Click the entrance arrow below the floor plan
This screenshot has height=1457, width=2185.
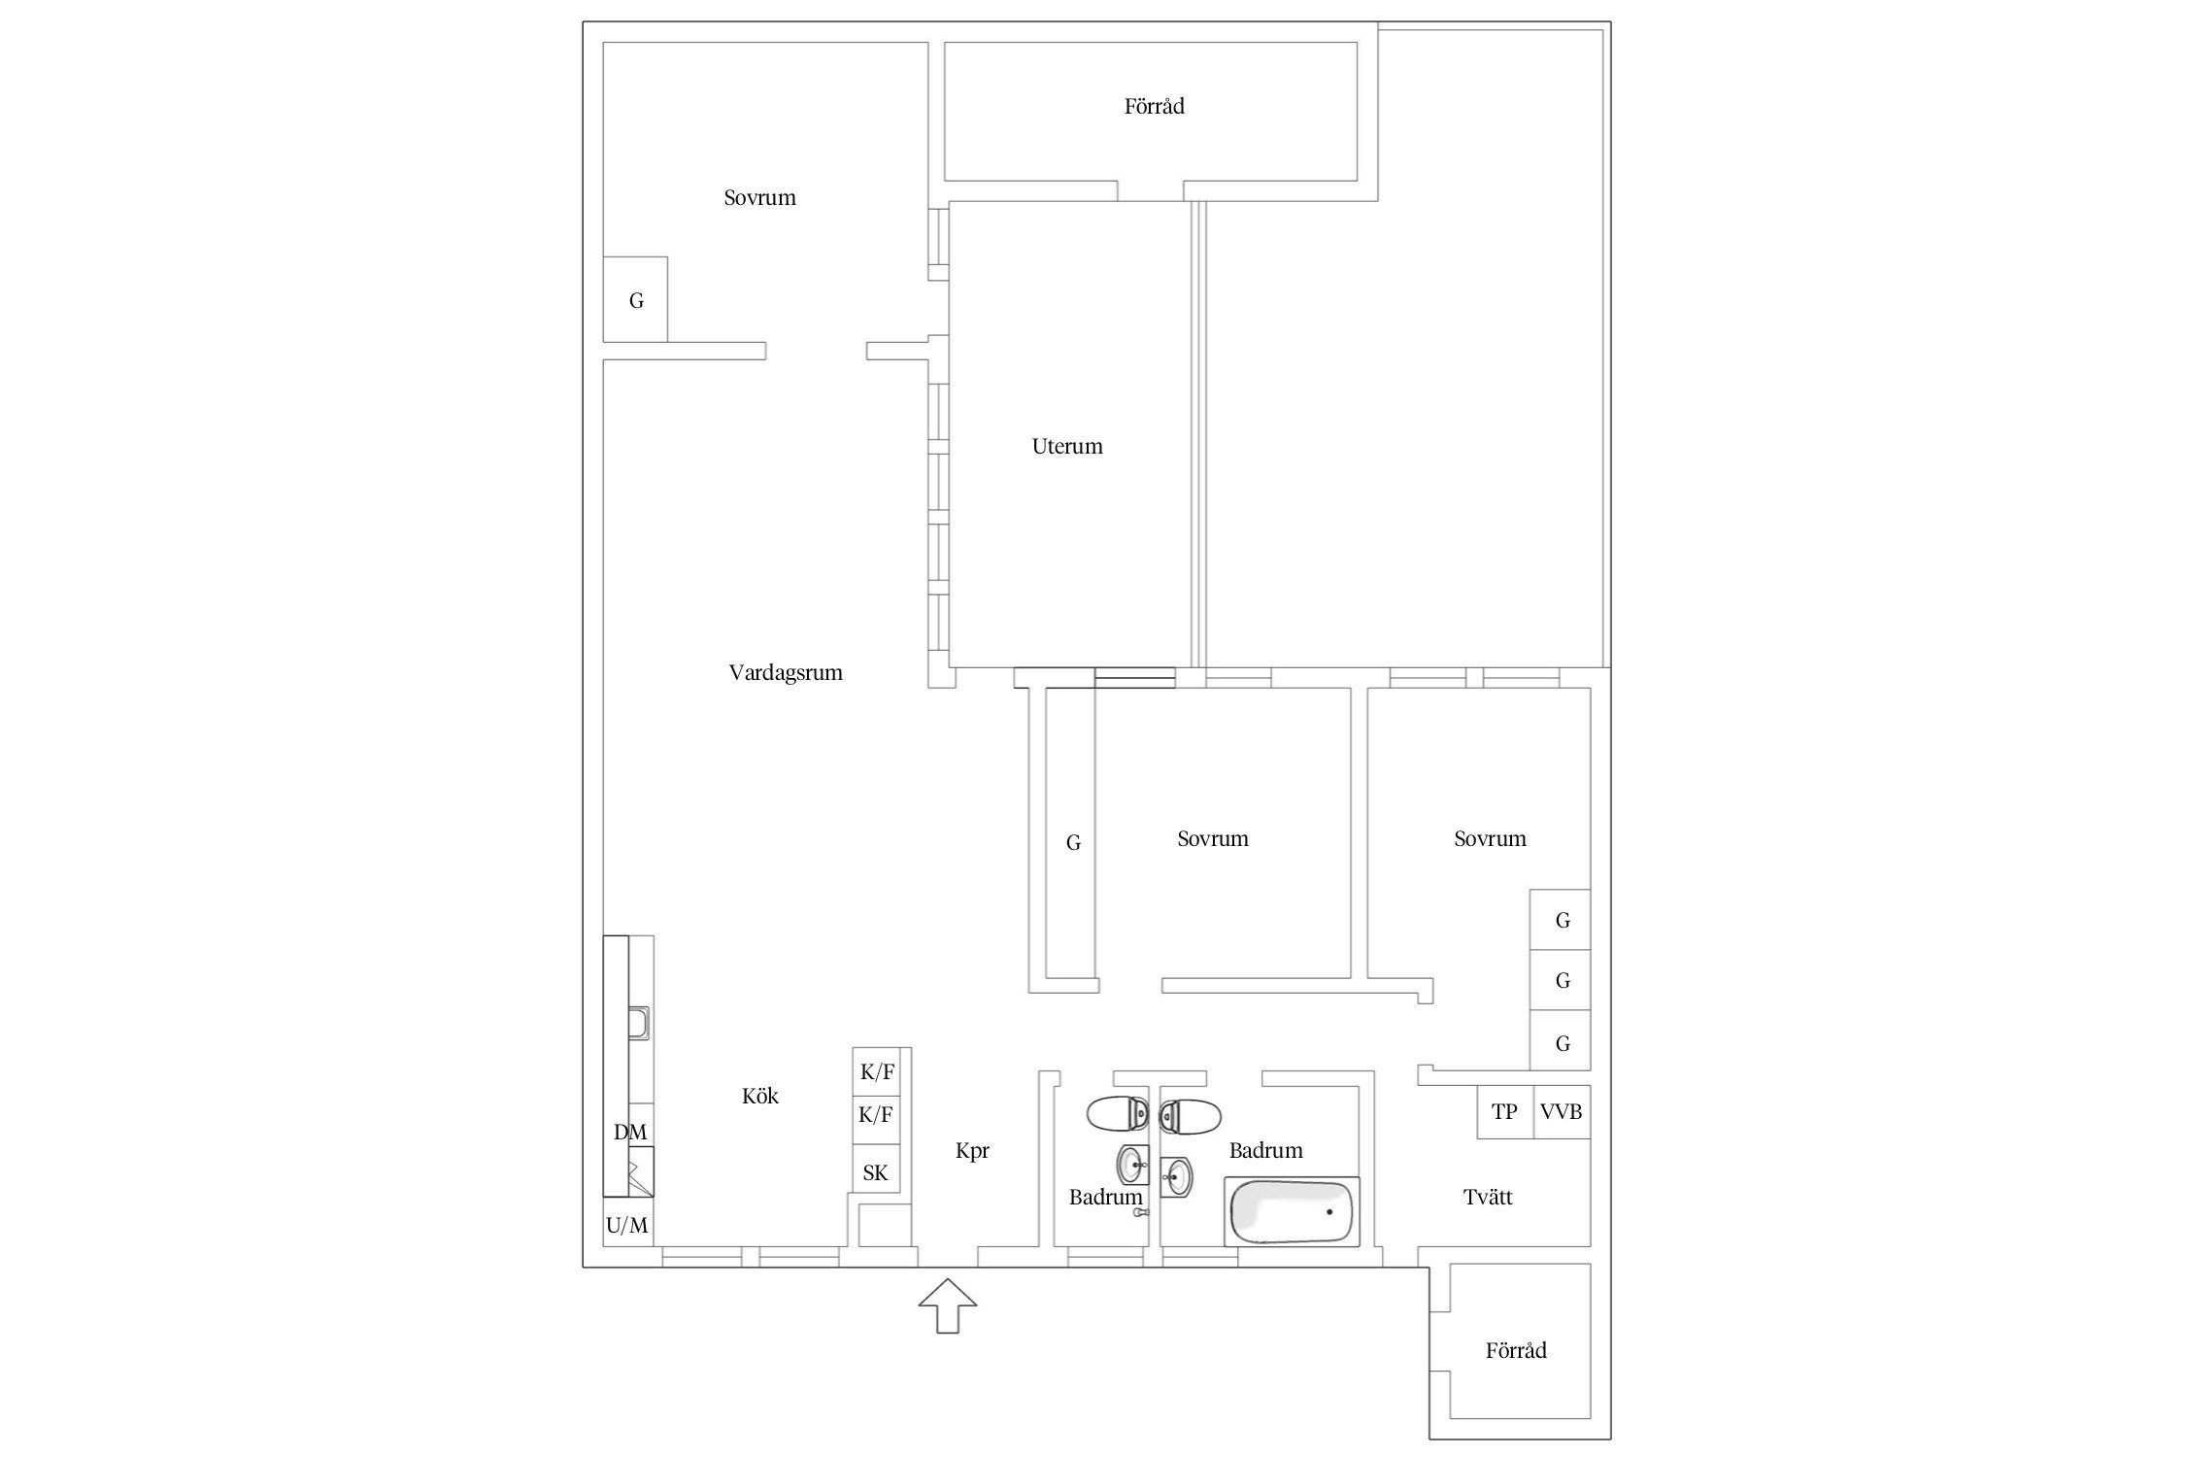pyautogui.click(x=948, y=1305)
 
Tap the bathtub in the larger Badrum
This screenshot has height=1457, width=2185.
pyautogui.click(x=1292, y=1211)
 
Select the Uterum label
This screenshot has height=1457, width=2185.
pyautogui.click(x=1067, y=447)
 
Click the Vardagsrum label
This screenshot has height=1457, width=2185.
pyautogui.click(x=786, y=673)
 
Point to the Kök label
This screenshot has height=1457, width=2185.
pyautogui.click(x=760, y=1096)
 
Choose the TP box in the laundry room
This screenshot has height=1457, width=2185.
pyautogui.click(x=1505, y=1111)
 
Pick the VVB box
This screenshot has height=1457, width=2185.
pyautogui.click(x=1562, y=1111)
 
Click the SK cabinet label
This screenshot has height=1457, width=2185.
pyautogui.click(x=876, y=1173)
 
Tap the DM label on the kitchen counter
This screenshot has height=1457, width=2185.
pyautogui.click(x=630, y=1132)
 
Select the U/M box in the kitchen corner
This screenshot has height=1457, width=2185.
pyautogui.click(x=627, y=1225)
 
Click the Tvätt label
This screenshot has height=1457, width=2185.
pyautogui.click(x=1488, y=1198)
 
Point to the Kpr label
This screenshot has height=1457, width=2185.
pyautogui.click(x=972, y=1151)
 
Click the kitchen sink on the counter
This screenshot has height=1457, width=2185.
pyautogui.click(x=639, y=1024)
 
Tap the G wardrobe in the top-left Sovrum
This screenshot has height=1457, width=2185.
pyautogui.click(x=635, y=299)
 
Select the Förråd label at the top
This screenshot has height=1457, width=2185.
pyautogui.click(x=1155, y=106)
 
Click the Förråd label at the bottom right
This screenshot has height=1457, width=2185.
pyautogui.click(x=1516, y=1350)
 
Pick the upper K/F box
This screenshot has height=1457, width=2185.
pyautogui.click(x=878, y=1072)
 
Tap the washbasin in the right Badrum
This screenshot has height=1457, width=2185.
pyautogui.click(x=1176, y=1177)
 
